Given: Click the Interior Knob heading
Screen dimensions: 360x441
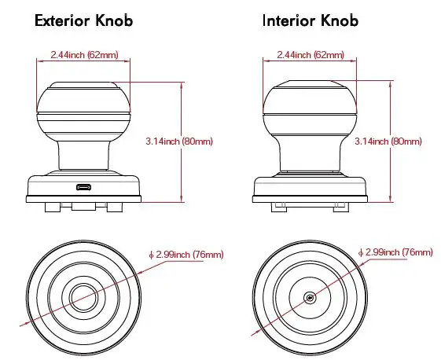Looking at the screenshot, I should click(310, 21).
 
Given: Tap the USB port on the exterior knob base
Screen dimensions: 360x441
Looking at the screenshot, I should click(83, 186).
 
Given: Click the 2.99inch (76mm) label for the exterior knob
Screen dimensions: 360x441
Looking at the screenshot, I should click(186, 254).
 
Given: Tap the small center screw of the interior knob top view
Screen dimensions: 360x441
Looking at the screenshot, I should click(310, 296).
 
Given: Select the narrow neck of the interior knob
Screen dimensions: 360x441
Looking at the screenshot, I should click(310, 155).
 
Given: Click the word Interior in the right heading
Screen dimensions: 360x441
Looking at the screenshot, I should click(288, 21).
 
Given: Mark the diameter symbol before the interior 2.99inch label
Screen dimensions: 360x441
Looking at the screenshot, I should click(360, 252).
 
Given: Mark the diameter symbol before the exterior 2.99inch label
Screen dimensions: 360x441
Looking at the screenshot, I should click(151, 254).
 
